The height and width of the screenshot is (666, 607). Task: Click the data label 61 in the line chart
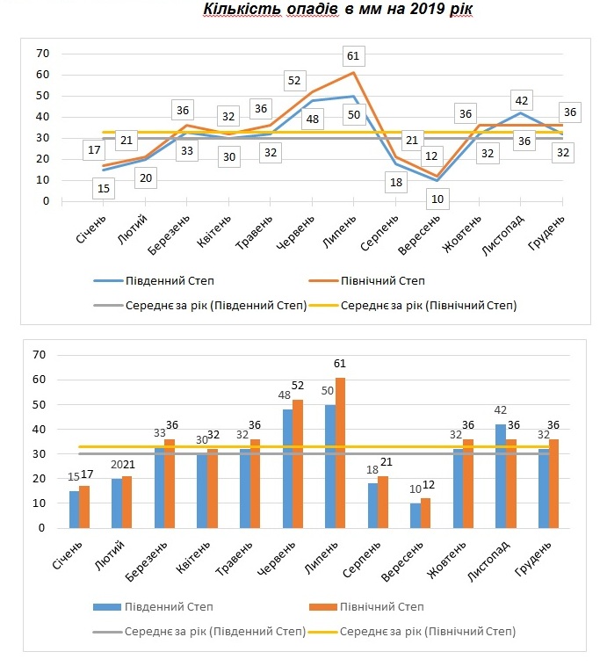(x=353, y=56)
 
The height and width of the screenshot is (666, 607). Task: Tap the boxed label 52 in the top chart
(x=294, y=81)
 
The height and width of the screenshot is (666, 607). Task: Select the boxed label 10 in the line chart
(x=437, y=199)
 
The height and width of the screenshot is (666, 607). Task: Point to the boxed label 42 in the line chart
(x=521, y=101)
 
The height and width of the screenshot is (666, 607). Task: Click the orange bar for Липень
(x=340, y=452)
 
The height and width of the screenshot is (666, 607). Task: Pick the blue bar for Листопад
(x=501, y=476)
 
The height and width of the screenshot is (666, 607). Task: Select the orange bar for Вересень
(x=426, y=513)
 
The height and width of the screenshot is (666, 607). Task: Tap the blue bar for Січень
(x=75, y=510)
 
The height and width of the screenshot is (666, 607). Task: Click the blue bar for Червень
(x=287, y=468)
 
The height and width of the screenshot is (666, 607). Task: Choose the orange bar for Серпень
(x=383, y=502)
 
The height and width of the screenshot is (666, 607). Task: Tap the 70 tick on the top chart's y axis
(x=43, y=54)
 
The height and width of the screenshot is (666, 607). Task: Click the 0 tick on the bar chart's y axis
(x=41, y=528)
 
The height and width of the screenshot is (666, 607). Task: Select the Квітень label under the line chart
(x=214, y=231)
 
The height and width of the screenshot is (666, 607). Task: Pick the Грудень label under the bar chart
(x=533, y=558)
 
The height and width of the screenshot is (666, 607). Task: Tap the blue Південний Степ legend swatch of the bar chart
(x=107, y=607)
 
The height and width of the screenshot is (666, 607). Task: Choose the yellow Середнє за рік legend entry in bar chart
(x=412, y=632)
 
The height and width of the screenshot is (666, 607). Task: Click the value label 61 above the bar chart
(x=340, y=364)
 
